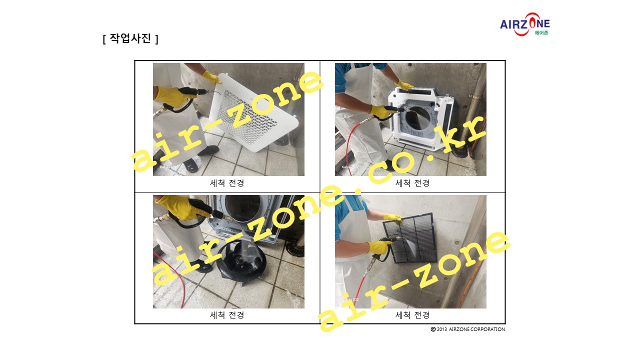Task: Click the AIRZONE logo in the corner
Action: (x=525, y=24)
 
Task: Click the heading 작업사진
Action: (x=130, y=38)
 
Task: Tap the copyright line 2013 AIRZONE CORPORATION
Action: (x=467, y=329)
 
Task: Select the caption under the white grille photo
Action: (x=227, y=183)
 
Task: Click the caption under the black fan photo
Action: (x=227, y=315)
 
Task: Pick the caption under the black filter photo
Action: (x=412, y=315)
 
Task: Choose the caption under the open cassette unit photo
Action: (x=412, y=183)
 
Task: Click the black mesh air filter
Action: (x=409, y=237)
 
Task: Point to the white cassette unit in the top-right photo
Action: (x=420, y=118)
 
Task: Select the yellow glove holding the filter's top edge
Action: (x=393, y=218)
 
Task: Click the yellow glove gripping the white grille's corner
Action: (x=211, y=77)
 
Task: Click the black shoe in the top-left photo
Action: (x=208, y=150)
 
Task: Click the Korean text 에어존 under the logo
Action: (x=541, y=33)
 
